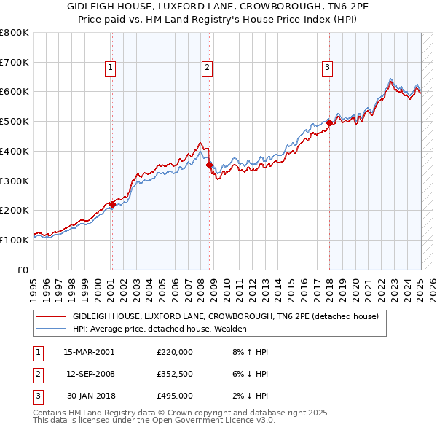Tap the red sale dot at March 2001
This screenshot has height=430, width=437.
coord(112,204)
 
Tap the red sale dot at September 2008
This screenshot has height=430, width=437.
coord(210,165)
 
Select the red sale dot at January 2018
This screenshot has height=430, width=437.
coord(329,123)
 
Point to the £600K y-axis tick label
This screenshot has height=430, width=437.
coord(15,92)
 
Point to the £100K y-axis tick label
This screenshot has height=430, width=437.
coord(15,240)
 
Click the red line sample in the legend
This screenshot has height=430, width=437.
coord(52,317)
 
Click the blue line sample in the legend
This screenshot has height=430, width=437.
coord(52,329)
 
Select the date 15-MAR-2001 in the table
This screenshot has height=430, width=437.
coord(90,351)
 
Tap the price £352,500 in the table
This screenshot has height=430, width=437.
coord(175,374)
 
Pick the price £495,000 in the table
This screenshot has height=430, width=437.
coord(175,396)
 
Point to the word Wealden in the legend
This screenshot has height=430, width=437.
coord(229,329)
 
